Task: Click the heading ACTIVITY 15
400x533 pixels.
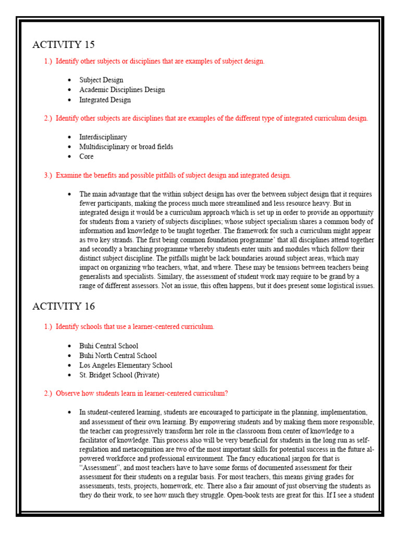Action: (64, 45)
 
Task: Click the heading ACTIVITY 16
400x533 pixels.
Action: (64, 306)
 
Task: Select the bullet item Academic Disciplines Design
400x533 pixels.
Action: (122, 90)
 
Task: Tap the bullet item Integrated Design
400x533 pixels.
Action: (105, 100)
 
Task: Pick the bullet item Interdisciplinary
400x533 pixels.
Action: (103, 137)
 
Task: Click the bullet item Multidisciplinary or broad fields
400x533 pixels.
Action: (126, 147)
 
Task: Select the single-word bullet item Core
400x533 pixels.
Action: (86, 157)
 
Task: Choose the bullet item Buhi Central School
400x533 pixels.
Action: (108, 346)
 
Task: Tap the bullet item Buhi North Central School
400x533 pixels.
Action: (118, 356)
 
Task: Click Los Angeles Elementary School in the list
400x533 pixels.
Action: (126, 365)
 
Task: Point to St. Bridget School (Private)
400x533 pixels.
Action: (119, 375)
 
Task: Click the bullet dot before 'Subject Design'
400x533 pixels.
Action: (69, 81)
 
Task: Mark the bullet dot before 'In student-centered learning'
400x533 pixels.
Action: (69, 412)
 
